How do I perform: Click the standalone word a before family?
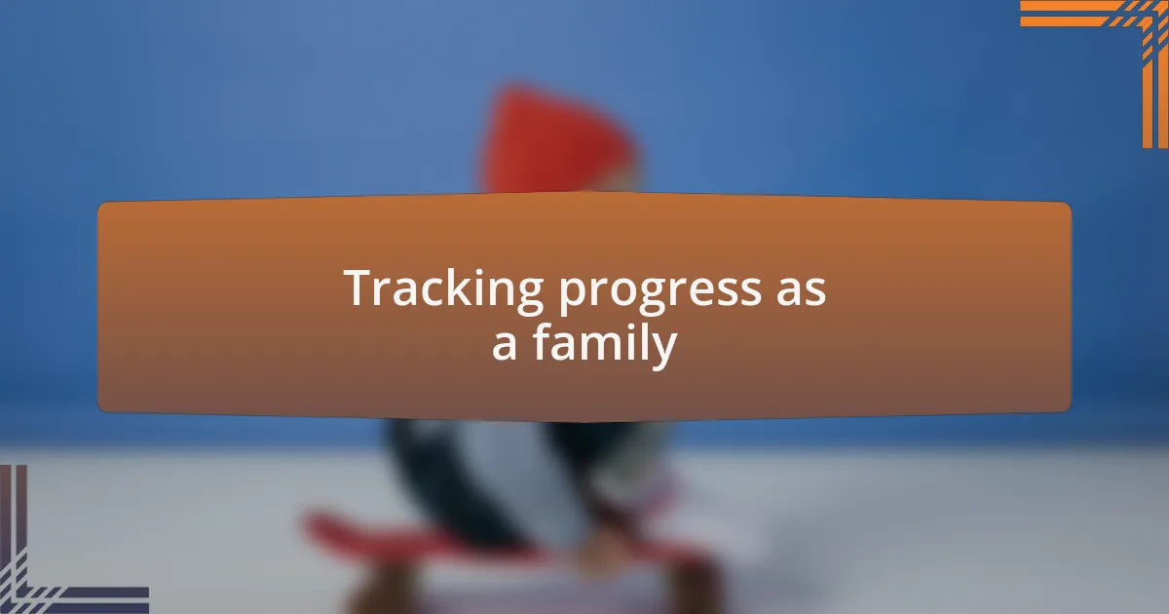pyautogui.click(x=504, y=346)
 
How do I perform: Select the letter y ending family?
pyautogui.click(x=663, y=349)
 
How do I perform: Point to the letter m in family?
pyautogui.click(x=600, y=346)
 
